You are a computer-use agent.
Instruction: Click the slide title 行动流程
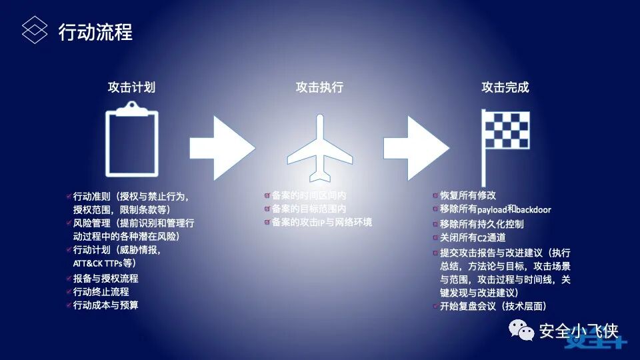[95, 31]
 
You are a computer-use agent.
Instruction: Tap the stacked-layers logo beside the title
[35, 30]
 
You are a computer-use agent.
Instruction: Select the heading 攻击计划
[132, 87]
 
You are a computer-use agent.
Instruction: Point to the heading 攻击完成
[505, 87]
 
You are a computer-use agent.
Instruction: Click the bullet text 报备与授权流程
[105, 279]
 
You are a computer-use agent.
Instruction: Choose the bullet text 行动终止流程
[101, 292]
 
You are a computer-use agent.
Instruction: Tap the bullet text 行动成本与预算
[105, 305]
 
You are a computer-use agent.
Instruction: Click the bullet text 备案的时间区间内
[309, 196]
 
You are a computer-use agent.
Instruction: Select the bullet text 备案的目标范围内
[309, 209]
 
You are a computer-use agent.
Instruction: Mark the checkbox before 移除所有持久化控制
[435, 224]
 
